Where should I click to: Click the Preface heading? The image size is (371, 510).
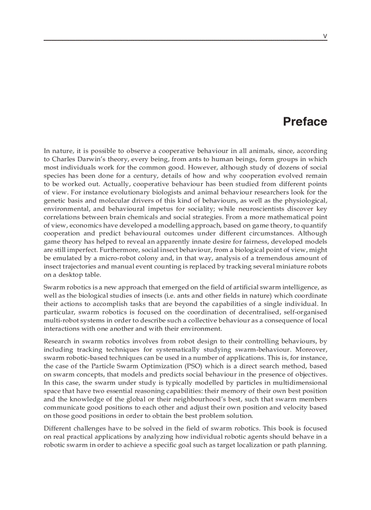[x=305, y=122]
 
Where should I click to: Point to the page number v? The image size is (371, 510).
[x=325, y=36]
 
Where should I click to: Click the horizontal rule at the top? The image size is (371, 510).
[x=185, y=41]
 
